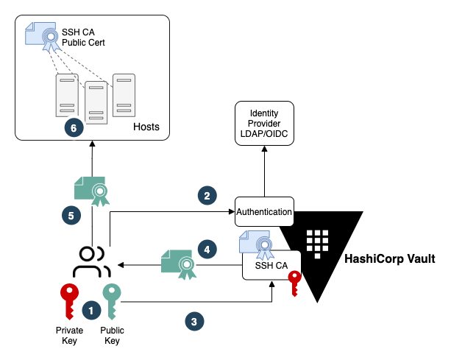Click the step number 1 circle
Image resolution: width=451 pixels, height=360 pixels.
91,311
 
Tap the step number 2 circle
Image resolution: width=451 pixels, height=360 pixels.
207,196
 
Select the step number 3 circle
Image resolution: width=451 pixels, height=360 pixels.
194,322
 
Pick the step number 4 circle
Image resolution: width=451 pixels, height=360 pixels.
207,250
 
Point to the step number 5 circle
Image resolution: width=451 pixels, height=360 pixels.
71,215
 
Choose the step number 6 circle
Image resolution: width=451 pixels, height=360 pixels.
74,128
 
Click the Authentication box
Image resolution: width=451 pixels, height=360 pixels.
264,211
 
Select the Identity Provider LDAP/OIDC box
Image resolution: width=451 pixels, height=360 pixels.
264,123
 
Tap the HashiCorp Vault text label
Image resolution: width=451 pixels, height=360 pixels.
390,258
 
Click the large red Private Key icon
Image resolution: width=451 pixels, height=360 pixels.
69,301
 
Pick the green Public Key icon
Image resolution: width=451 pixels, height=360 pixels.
112,301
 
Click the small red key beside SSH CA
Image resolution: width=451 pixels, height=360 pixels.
294,283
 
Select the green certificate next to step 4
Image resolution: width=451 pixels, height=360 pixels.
179,264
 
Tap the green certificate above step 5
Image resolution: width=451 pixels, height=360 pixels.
92,191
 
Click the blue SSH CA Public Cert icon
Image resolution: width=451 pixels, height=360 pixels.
43,37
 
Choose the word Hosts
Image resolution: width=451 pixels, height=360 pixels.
146,127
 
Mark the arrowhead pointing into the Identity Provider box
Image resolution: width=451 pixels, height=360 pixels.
264,149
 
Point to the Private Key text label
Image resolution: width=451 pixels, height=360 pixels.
69,335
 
